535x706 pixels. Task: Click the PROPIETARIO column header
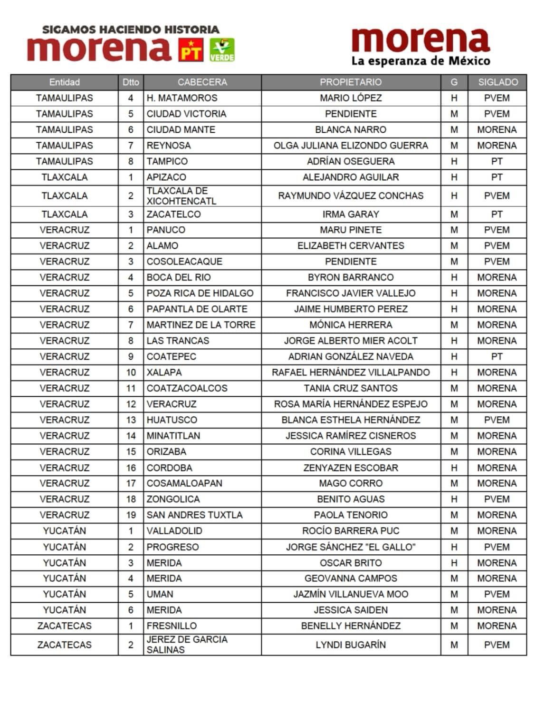351,82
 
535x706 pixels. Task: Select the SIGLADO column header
497,82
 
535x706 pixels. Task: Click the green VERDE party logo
222,50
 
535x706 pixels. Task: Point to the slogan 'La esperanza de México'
420,61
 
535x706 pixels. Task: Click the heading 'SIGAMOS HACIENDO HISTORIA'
131,29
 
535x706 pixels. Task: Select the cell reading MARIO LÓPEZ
351,98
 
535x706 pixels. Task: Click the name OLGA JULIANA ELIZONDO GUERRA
351,146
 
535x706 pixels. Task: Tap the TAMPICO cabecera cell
167,161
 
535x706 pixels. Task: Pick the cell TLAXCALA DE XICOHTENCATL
181,196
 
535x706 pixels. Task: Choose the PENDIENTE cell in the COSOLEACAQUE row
351,262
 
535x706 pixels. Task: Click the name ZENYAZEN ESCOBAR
351,468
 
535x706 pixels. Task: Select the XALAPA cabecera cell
164,373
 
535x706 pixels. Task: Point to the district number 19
131,515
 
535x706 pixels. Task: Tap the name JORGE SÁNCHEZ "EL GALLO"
351,547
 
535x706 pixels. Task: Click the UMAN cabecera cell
160,594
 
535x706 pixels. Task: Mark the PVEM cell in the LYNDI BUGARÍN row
497,645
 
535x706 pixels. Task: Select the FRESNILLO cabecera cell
172,626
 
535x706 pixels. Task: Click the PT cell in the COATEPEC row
497,357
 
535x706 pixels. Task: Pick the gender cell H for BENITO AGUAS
454,499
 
